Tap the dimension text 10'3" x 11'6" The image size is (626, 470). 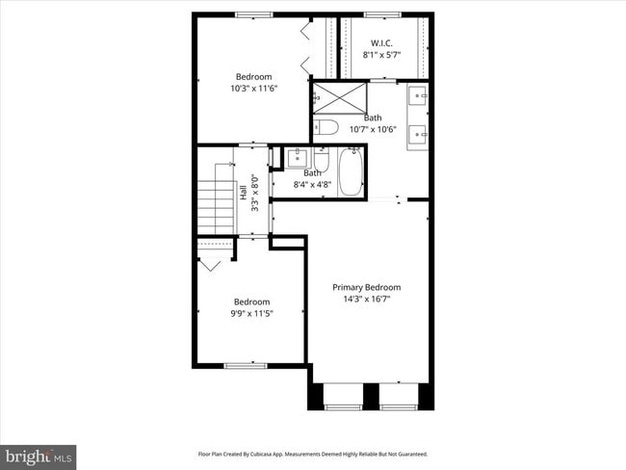(253, 89)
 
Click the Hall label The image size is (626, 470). (243, 193)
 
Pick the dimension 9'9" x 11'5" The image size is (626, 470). (252, 313)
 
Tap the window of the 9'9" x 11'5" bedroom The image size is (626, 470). (245, 365)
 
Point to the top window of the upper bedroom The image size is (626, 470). (253, 14)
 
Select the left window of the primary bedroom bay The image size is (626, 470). (342, 407)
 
